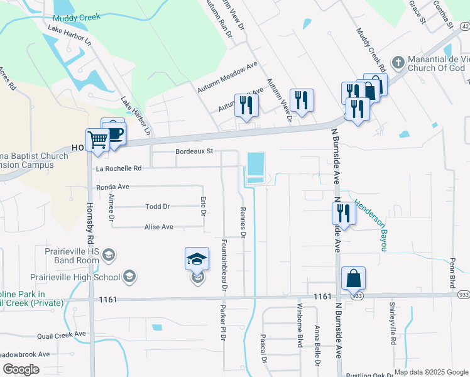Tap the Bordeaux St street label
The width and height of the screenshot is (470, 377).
(x=195, y=151)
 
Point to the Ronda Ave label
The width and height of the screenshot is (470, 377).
(x=112, y=187)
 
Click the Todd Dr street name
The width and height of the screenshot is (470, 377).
(x=157, y=206)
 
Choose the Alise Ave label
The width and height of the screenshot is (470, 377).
(x=159, y=227)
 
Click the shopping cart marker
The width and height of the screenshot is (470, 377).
(x=97, y=139)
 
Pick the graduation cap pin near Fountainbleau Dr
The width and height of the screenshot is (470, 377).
(x=197, y=258)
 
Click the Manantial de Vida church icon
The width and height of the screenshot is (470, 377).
(x=397, y=63)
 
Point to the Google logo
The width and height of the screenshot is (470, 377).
(x=21, y=369)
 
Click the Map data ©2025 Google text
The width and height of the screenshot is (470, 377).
(x=431, y=372)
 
